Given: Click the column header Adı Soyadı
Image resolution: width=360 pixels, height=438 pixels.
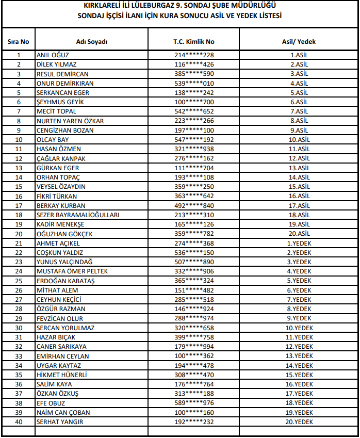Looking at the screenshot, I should coord(91,42).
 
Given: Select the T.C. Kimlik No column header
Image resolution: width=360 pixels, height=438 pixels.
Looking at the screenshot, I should coord(193,42).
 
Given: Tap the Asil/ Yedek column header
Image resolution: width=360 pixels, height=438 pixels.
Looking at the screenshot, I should coord(299,42).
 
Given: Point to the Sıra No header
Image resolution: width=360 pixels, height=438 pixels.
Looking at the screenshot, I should coord(19,42).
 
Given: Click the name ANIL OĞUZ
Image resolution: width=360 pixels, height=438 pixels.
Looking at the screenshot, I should coord(53,55).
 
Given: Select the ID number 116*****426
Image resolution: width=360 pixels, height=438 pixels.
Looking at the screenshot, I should coord(194,64).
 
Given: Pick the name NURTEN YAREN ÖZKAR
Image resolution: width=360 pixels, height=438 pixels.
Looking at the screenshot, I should coord(70,121).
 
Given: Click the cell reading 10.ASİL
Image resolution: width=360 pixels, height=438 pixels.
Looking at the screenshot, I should coord(299,140).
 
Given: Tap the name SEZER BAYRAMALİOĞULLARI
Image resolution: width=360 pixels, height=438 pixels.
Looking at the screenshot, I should coord(78,215).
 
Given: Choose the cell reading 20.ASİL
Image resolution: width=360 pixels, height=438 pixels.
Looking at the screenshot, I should coord(299,234).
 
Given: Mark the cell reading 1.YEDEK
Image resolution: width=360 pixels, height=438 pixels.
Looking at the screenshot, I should coord(299,243).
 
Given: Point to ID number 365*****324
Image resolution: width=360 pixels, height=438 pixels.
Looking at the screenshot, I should coord(194,281).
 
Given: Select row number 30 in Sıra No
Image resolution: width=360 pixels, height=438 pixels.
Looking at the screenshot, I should coord(19,328).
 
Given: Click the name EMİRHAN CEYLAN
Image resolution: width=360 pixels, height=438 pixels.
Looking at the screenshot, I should coord(63,356).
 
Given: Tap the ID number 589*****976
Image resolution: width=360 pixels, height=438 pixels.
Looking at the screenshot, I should coord(194,403).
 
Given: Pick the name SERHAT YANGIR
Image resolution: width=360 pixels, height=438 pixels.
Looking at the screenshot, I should coord(60,421).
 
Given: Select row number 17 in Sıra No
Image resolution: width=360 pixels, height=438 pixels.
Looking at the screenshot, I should coord(19,205).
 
